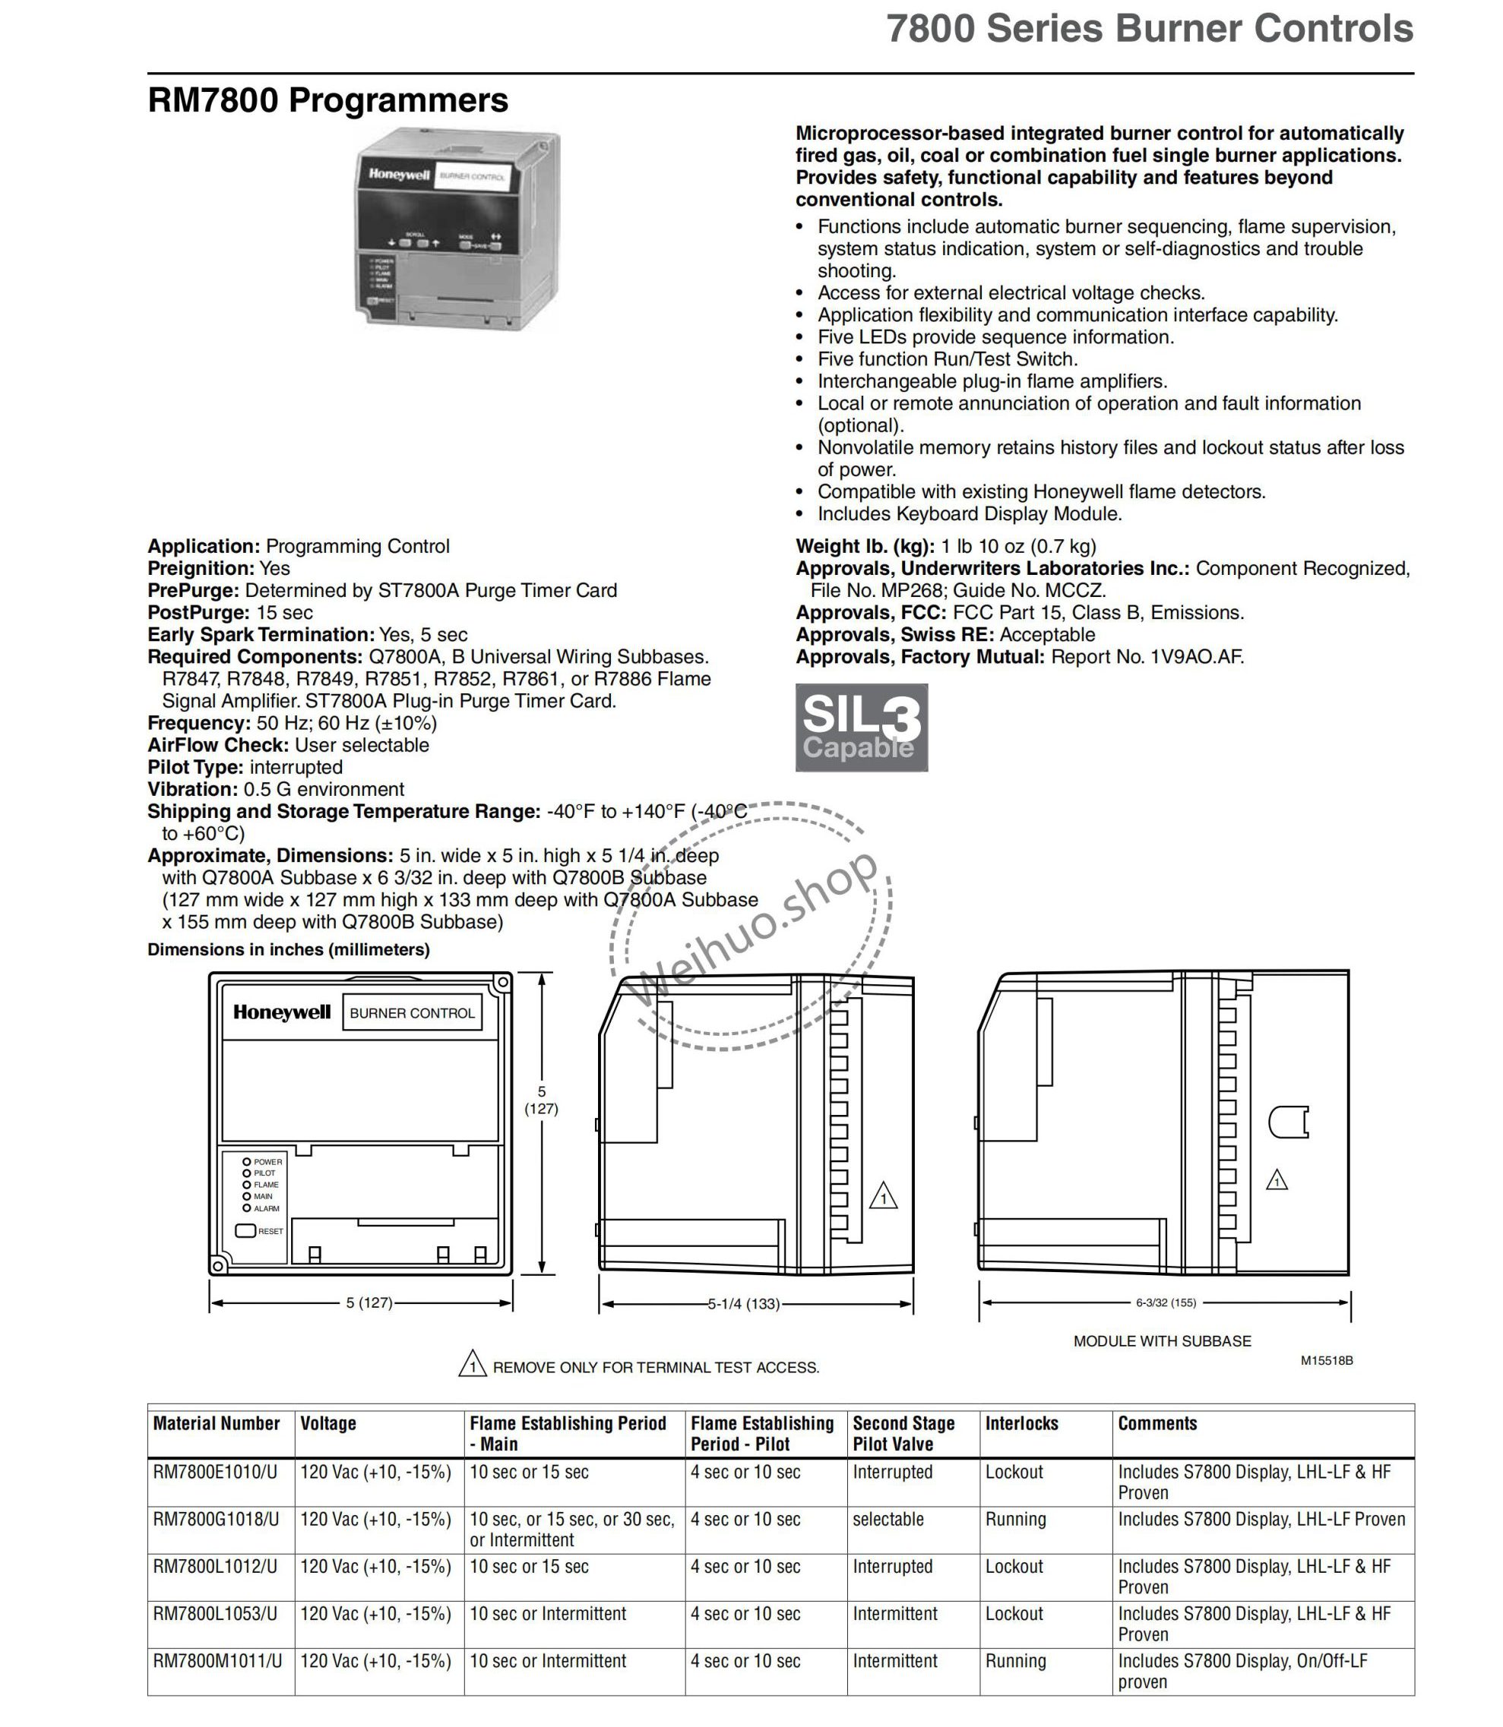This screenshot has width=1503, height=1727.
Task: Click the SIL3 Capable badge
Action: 862,727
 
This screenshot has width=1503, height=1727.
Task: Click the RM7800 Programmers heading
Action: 328,100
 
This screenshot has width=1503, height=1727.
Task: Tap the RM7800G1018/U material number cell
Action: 217,1519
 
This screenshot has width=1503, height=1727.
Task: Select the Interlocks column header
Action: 1021,1423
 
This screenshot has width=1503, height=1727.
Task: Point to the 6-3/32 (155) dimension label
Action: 1166,1302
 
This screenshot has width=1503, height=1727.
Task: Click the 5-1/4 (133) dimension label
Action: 744,1304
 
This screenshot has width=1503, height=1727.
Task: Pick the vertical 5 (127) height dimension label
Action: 542,1100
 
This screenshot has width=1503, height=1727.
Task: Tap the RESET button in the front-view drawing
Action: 245,1231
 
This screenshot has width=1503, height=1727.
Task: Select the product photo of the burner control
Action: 457,232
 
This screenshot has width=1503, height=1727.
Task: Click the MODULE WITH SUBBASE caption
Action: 1162,1341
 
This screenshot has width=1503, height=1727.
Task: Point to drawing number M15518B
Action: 1327,1361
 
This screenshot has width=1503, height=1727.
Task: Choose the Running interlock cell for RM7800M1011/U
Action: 1016,1661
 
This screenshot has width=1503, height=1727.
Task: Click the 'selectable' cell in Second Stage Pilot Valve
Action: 888,1519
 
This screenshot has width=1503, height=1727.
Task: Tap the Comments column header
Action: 1157,1423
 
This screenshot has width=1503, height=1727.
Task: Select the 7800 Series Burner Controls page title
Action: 1150,30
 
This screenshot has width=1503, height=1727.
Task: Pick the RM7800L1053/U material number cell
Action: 217,1614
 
